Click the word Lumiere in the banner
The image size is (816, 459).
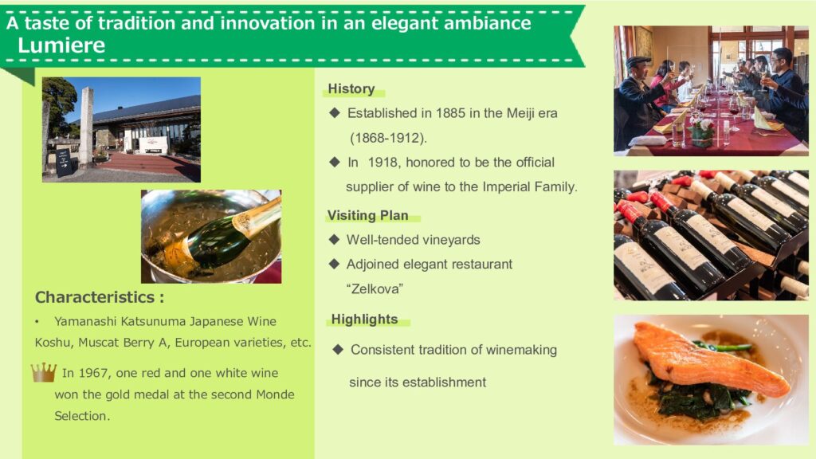[61, 45]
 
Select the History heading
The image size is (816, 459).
[351, 89]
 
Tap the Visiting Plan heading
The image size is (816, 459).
[367, 215]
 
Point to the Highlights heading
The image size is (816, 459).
[364, 319]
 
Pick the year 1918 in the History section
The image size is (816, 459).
[382, 163]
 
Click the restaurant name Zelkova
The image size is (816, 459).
[375, 288]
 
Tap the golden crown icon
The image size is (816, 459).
[44, 372]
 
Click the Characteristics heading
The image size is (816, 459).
[100, 297]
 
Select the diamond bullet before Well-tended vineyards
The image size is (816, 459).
[334, 239]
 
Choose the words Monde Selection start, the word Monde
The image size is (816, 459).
[275, 394]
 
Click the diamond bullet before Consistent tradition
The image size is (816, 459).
[338, 350]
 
